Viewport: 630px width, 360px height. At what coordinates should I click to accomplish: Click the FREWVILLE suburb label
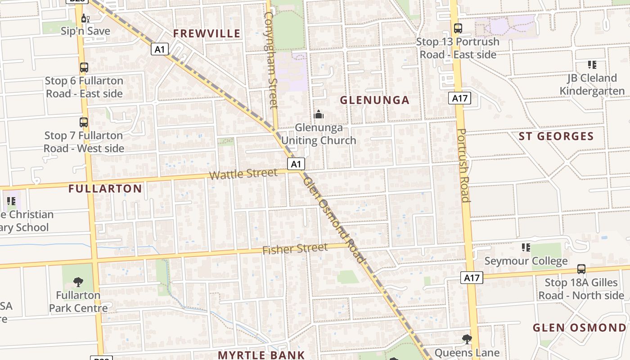click(x=207, y=33)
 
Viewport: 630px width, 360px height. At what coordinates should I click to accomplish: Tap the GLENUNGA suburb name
click(x=374, y=100)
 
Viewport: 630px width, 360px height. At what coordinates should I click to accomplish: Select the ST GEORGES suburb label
click(x=556, y=136)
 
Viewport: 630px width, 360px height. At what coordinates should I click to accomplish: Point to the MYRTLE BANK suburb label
click(x=261, y=355)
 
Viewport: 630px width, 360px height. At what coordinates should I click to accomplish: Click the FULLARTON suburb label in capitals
click(x=105, y=189)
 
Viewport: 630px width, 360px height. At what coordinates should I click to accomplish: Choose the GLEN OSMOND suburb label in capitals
click(x=580, y=328)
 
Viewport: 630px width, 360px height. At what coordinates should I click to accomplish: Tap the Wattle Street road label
click(x=243, y=174)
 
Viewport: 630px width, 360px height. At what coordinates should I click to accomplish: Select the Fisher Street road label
click(x=295, y=249)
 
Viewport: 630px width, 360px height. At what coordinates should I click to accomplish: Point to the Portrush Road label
click(x=463, y=165)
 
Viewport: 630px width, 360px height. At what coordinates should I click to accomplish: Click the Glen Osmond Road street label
click(x=333, y=220)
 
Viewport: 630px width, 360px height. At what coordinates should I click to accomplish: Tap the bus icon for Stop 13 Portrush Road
click(x=458, y=28)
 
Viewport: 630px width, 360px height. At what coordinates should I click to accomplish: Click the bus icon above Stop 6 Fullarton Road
click(x=84, y=67)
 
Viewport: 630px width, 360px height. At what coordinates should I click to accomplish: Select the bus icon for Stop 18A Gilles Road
click(x=581, y=269)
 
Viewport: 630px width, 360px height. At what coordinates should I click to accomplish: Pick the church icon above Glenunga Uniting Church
click(x=319, y=114)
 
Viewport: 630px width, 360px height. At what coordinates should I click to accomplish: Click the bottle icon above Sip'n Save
click(x=85, y=18)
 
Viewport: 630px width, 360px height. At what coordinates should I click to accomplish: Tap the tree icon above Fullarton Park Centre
click(x=78, y=282)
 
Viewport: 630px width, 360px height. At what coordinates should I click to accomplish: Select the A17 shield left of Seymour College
click(x=472, y=278)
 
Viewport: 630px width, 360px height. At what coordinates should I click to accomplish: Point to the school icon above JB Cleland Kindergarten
click(x=592, y=65)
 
